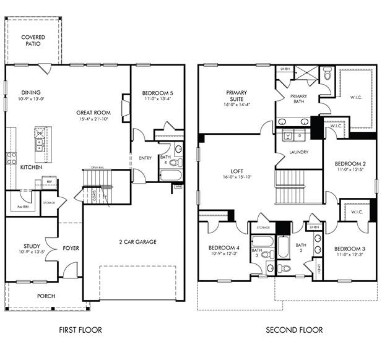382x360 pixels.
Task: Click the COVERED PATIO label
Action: point(33,41)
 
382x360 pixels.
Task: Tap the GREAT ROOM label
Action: point(93,113)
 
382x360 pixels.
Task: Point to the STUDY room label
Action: point(32,246)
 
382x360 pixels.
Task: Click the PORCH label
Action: point(45,296)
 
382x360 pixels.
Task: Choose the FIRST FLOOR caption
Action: point(80,330)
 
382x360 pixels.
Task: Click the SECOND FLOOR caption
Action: point(294,330)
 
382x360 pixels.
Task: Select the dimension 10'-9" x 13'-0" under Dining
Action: point(30,99)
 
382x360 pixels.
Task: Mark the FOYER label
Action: point(70,249)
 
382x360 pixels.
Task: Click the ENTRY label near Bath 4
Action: point(145,158)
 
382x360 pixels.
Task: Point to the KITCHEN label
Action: point(31,167)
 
